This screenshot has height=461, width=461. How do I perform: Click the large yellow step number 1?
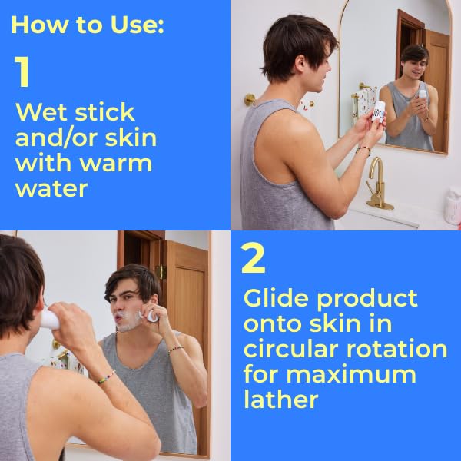22,71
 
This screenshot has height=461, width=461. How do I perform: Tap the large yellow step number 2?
253,258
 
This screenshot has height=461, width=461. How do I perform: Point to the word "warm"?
117,164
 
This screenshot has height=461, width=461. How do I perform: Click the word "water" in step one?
51,189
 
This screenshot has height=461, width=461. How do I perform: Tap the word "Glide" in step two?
277,298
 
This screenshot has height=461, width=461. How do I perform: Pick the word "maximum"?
351,375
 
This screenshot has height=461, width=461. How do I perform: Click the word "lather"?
281,400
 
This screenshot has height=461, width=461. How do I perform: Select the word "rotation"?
396,349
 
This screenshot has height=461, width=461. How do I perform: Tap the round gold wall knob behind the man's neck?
250,99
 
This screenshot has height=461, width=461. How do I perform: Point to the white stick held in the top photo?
378,111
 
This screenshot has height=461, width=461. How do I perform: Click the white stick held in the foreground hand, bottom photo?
50,320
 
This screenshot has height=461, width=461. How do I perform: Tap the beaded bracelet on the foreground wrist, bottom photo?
106,376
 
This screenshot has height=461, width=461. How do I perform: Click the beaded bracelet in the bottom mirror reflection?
175,350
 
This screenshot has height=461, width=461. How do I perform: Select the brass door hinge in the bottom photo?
161,272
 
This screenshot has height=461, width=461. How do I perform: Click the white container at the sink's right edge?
453,206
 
